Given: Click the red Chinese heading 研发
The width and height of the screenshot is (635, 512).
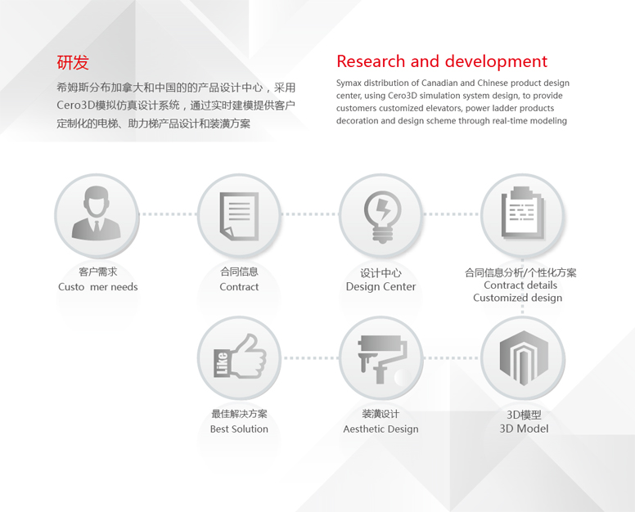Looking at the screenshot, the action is [73, 62].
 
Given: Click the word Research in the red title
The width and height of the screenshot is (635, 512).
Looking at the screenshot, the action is [371, 61].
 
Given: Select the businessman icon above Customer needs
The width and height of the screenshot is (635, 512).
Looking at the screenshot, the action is [97, 213].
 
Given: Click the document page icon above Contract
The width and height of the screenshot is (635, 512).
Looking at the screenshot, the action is [239, 216].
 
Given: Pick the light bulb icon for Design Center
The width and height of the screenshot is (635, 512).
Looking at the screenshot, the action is [382, 217].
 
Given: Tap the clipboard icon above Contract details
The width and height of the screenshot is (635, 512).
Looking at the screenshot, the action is [523, 213].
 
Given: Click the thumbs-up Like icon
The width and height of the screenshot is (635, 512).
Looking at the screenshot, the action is [240, 357].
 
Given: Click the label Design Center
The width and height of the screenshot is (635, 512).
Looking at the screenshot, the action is [381, 286].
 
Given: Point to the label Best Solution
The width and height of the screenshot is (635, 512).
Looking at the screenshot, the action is [239, 429].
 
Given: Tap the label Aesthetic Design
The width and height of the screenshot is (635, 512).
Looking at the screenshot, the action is [381, 429].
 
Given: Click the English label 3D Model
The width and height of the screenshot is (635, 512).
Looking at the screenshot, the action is [524, 429].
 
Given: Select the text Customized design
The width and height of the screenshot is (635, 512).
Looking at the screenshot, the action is [517, 298].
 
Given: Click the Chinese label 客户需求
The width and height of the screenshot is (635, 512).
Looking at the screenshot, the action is [97, 272].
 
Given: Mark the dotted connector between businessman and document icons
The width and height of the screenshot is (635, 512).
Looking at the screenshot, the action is [168, 214].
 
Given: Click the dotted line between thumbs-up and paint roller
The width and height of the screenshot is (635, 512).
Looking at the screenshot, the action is [311, 357].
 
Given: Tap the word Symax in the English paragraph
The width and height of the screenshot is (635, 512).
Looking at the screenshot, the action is [349, 83].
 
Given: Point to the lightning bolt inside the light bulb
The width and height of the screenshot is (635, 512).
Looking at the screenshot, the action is [382, 209].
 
